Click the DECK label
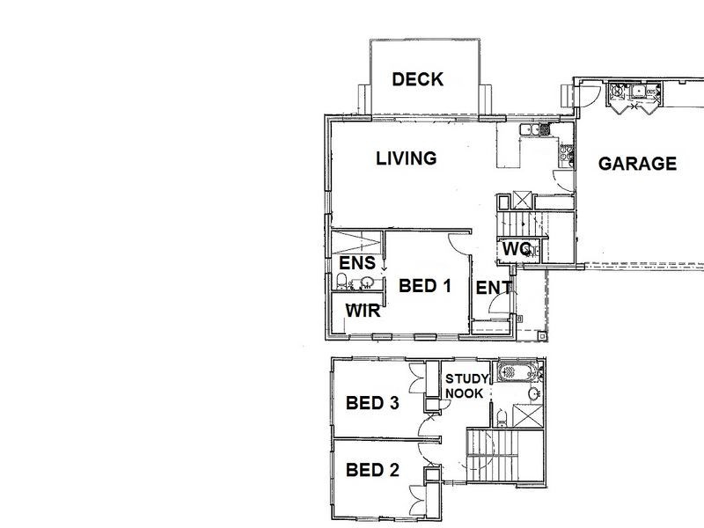point(417,80)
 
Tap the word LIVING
point(406,159)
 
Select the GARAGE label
point(637,164)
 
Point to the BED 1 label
point(425,286)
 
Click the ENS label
point(357,263)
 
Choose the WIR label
point(362,310)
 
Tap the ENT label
point(494,287)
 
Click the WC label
point(514,249)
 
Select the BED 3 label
point(372,403)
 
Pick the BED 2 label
point(372,469)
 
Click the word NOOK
point(464,393)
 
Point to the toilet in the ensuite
point(341,282)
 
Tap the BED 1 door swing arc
point(459,246)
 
